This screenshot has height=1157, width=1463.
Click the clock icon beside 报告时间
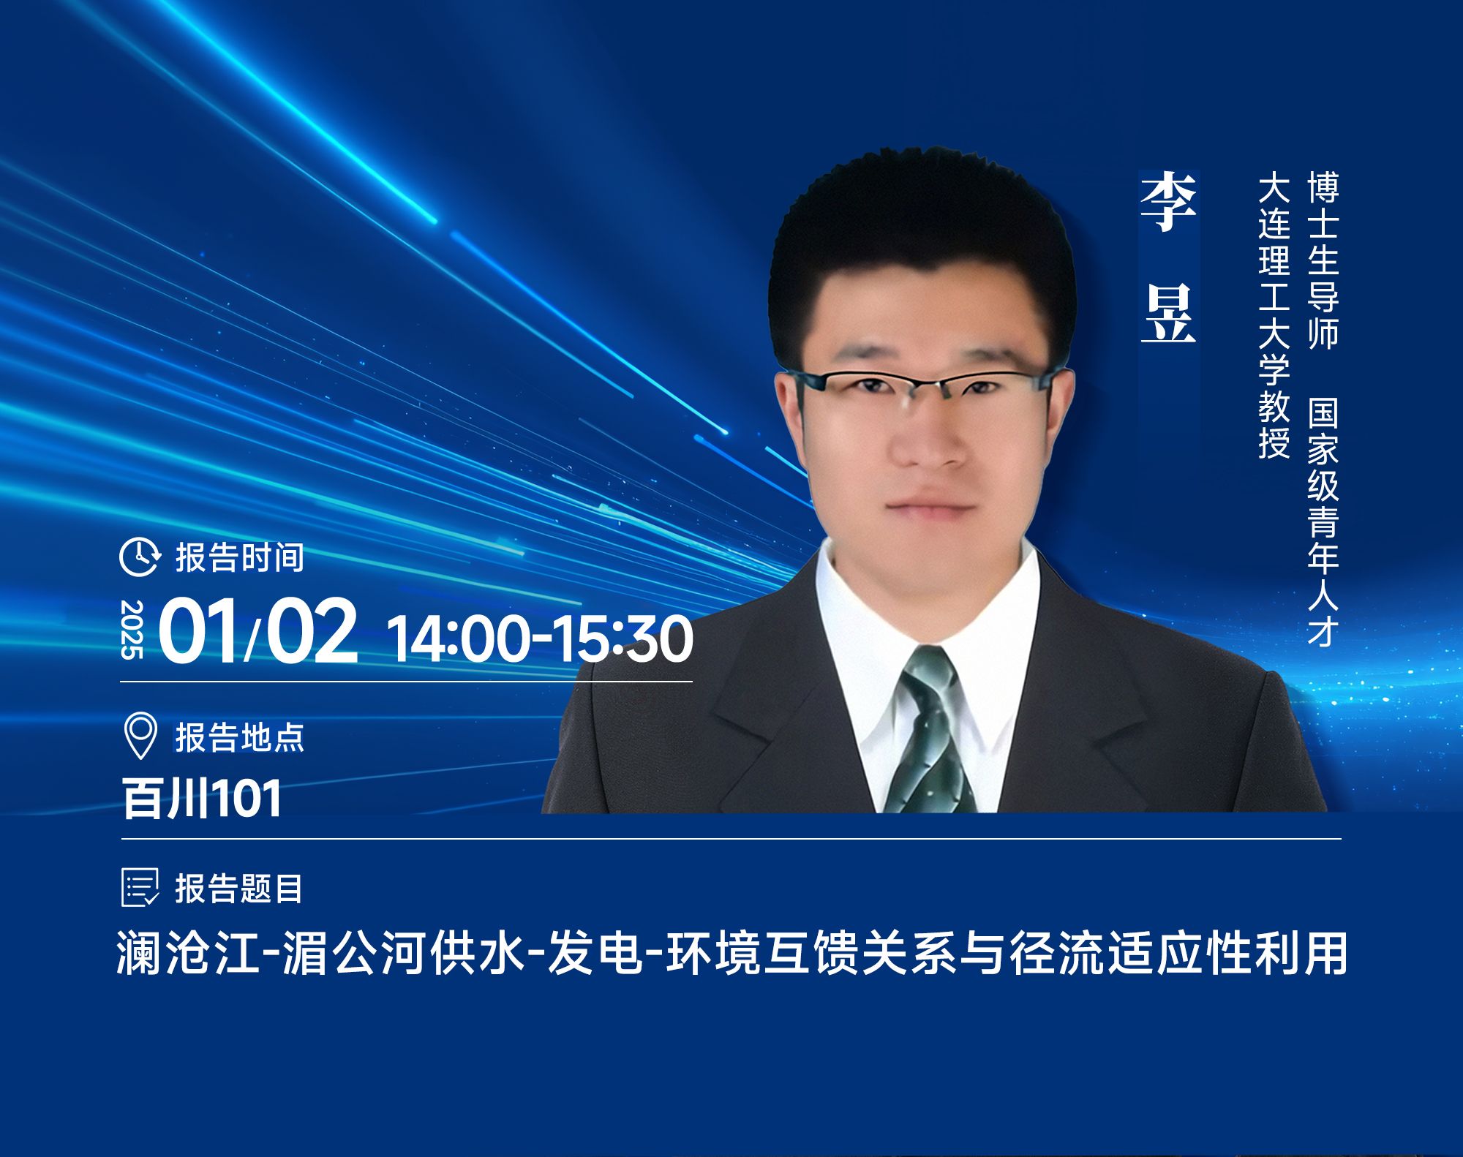(x=139, y=557)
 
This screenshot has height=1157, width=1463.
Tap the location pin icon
(x=140, y=735)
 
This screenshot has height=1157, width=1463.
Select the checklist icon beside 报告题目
(x=140, y=888)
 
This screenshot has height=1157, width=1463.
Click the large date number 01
(x=199, y=630)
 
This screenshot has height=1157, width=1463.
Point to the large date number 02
(x=312, y=630)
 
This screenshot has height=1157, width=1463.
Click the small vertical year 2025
(x=132, y=630)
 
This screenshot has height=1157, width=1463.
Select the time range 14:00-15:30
(x=540, y=638)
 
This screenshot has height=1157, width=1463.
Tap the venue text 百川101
(x=202, y=798)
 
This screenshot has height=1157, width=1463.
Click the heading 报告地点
(x=239, y=736)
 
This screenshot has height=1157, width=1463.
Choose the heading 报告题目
(x=238, y=889)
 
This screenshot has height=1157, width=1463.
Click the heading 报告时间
(x=239, y=557)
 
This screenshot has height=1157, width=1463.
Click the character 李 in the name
(x=1168, y=203)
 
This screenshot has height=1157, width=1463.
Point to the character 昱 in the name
(x=1168, y=314)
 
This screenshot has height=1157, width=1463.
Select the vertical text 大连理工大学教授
(x=1274, y=315)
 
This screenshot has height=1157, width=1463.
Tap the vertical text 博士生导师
(x=1323, y=260)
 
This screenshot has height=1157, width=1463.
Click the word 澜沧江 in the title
(x=189, y=953)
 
